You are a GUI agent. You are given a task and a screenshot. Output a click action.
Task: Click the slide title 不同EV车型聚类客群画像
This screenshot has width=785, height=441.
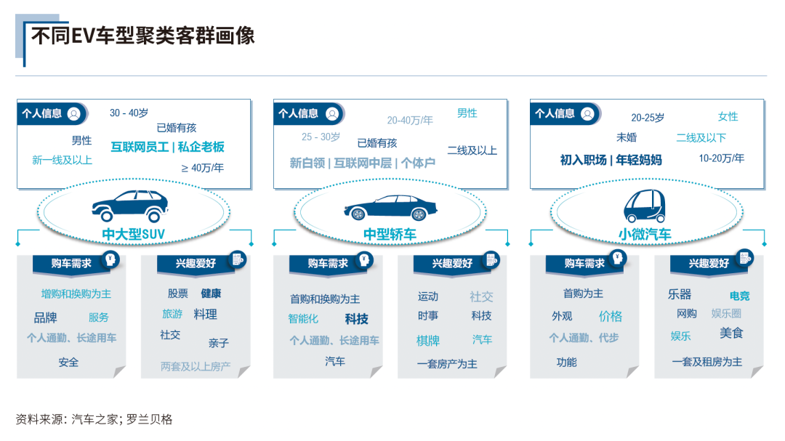(143, 36)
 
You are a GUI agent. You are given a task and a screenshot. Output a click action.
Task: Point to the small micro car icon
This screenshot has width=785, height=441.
(644, 206)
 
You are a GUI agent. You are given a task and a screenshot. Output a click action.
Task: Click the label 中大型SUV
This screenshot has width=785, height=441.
(134, 234)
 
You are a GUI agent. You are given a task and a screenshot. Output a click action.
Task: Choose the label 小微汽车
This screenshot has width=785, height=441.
(645, 234)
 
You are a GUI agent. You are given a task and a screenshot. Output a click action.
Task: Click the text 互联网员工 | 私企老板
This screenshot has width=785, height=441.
(167, 147)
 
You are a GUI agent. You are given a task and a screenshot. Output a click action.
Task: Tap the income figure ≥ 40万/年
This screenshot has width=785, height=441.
(202, 168)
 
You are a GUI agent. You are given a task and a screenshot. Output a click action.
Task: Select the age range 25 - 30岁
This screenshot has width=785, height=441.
(321, 137)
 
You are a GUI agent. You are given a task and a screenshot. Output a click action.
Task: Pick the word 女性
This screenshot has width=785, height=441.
(728, 116)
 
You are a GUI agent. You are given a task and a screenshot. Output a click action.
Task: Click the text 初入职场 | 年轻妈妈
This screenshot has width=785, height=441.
(611, 160)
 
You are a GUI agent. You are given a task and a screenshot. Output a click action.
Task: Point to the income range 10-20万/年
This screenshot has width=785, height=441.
(721, 158)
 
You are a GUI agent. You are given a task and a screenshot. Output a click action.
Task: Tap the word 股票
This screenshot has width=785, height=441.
(178, 294)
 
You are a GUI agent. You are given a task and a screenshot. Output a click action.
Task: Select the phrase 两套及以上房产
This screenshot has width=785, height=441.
(196, 367)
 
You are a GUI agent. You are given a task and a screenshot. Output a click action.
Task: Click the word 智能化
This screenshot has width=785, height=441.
(303, 318)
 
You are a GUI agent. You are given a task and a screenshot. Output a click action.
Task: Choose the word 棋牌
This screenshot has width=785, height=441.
(428, 340)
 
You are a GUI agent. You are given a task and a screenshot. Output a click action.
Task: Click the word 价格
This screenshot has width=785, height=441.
(610, 316)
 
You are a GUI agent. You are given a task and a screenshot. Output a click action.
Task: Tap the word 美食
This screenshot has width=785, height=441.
(731, 333)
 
